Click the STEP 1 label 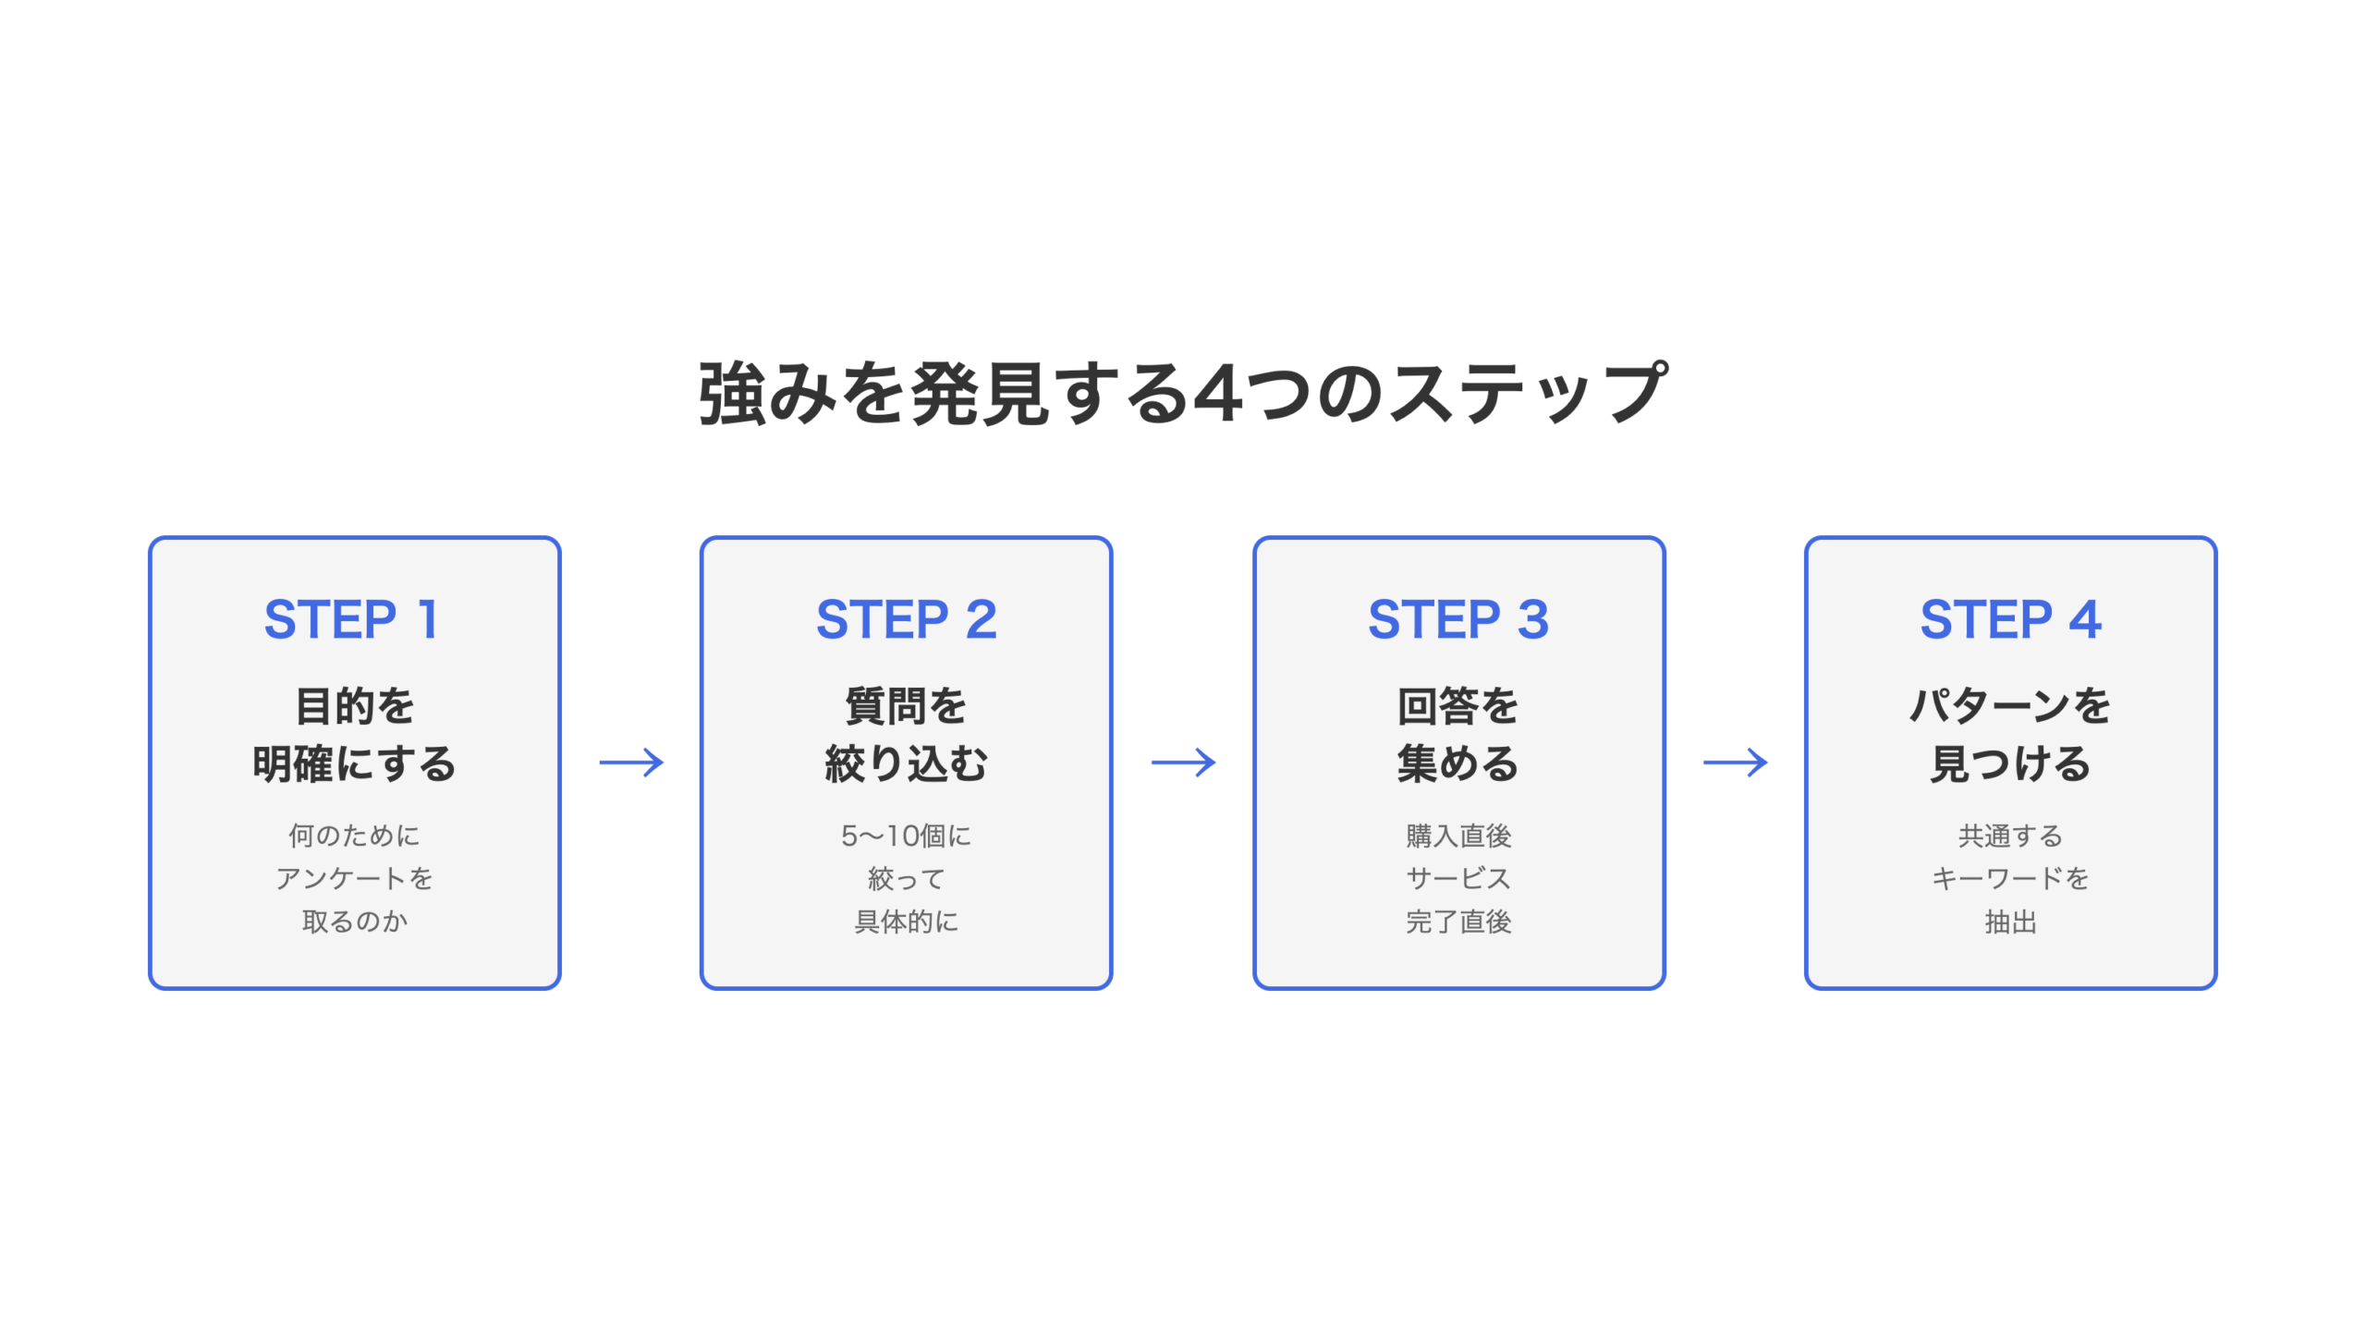click(351, 619)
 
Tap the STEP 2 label click(906, 619)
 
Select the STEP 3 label click(1458, 619)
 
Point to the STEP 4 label click(2010, 619)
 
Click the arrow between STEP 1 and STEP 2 click(631, 763)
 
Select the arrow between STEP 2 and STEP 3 click(1183, 763)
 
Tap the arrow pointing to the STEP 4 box click(1735, 763)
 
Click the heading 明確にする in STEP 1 click(355, 764)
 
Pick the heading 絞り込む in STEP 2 click(906, 764)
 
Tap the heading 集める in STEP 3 click(1458, 764)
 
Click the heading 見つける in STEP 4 click(2010, 764)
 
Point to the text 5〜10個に click(906, 836)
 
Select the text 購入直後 click(1458, 836)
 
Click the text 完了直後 click(1458, 922)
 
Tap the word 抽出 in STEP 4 click(2010, 922)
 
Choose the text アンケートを click(355, 878)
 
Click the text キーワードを click(2010, 878)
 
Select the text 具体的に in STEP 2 click(906, 922)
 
